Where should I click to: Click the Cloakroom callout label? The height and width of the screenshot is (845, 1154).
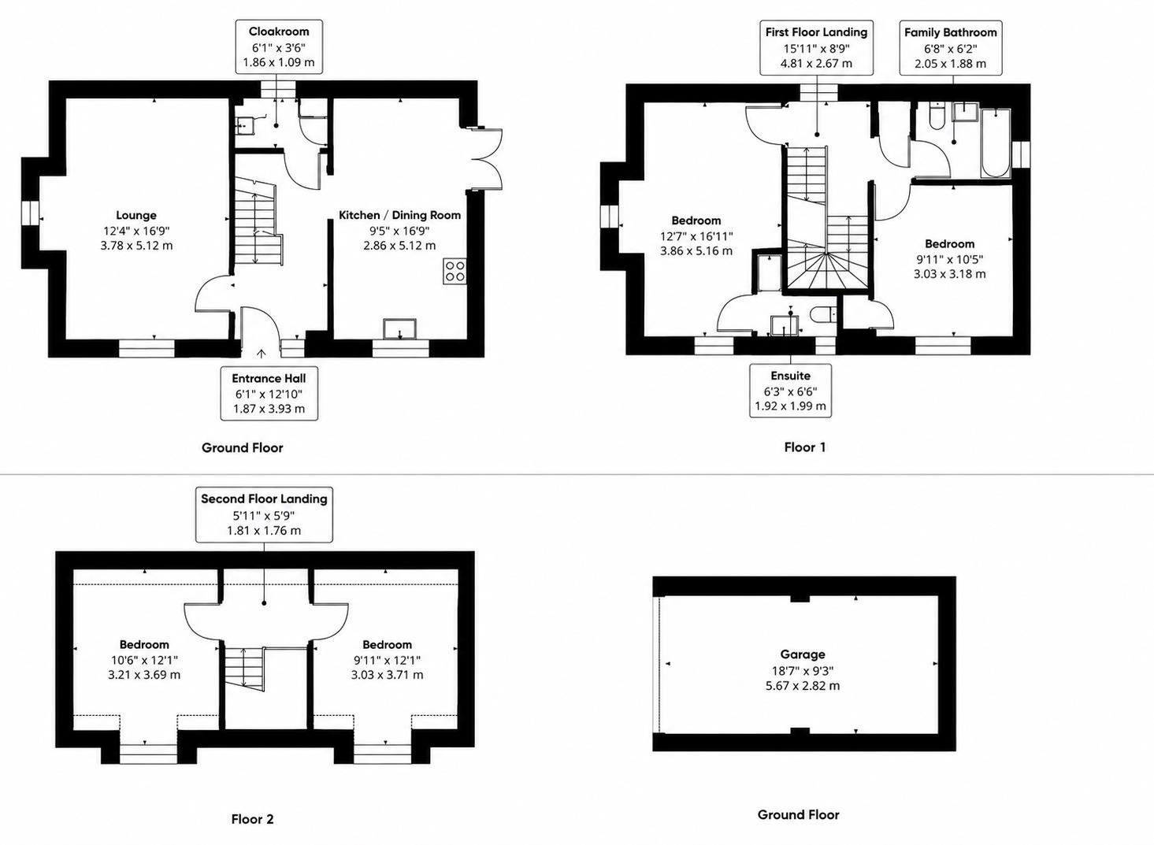click(x=279, y=32)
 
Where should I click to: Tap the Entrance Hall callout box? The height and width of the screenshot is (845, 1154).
click(x=269, y=394)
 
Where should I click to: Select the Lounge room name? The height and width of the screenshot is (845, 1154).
click(x=136, y=215)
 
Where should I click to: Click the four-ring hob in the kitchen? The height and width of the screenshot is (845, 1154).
click(x=455, y=272)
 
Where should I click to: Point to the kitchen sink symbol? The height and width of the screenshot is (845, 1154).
click(x=400, y=329)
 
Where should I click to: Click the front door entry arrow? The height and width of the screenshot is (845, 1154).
click(x=262, y=354)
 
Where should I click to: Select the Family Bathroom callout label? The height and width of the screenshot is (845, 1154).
click(x=951, y=32)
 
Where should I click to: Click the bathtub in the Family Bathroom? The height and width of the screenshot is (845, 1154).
click(x=996, y=143)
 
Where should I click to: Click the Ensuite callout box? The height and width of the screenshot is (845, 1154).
click(x=790, y=391)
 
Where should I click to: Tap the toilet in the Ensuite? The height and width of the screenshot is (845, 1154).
click(x=822, y=315)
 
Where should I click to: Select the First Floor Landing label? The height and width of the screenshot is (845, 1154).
click(x=817, y=32)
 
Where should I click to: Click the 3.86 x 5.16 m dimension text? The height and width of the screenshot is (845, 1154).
click(x=696, y=250)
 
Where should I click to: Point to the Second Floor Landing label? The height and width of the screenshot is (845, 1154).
click(x=265, y=498)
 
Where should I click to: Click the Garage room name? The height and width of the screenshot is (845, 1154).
click(x=803, y=654)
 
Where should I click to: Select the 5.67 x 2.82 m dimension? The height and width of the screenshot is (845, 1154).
click(x=803, y=686)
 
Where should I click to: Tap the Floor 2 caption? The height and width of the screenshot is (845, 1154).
click(x=252, y=819)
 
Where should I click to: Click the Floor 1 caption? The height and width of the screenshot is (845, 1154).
click(x=805, y=447)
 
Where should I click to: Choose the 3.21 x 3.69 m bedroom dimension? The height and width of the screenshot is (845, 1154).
click(x=144, y=675)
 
